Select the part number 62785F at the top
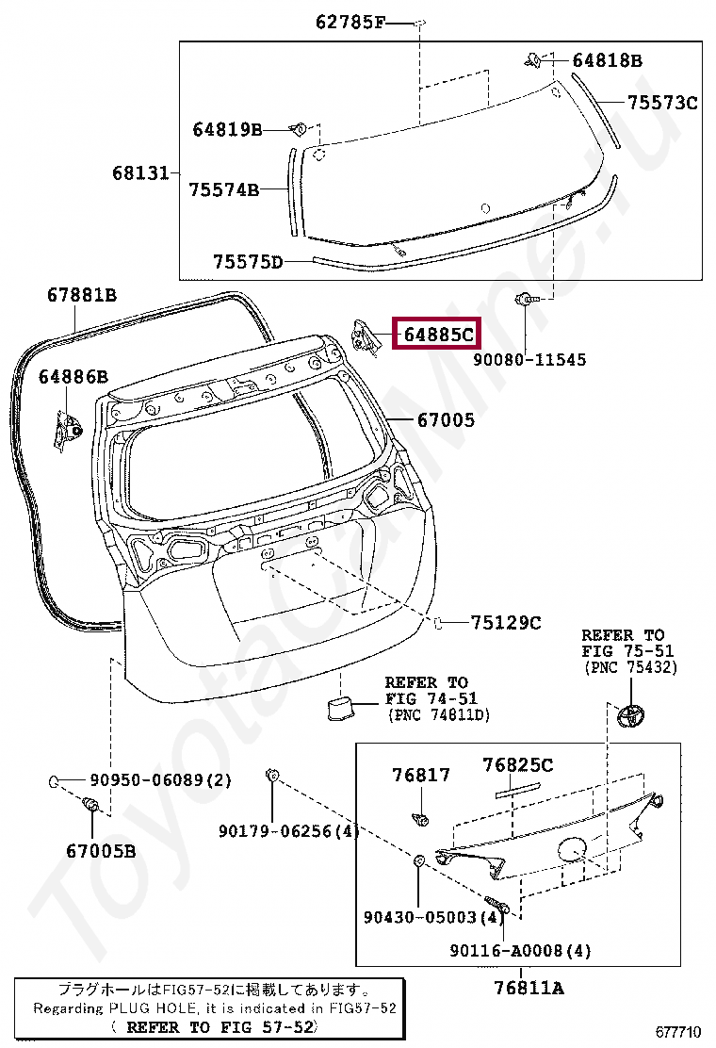pos(350,23)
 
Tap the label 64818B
pos(607,61)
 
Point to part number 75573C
pos(663,103)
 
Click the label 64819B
pos(227,129)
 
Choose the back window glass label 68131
pos(140,172)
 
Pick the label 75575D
pos(248,261)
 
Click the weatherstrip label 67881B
pos(82,295)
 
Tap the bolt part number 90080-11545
pos(529,359)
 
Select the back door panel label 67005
pos(447,420)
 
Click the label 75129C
pos(506,622)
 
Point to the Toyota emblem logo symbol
pos(633,715)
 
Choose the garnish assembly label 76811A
pos(529,988)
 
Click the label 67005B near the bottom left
pos(101,851)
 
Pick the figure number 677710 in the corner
pos(679,1031)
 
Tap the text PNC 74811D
pos(439,715)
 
